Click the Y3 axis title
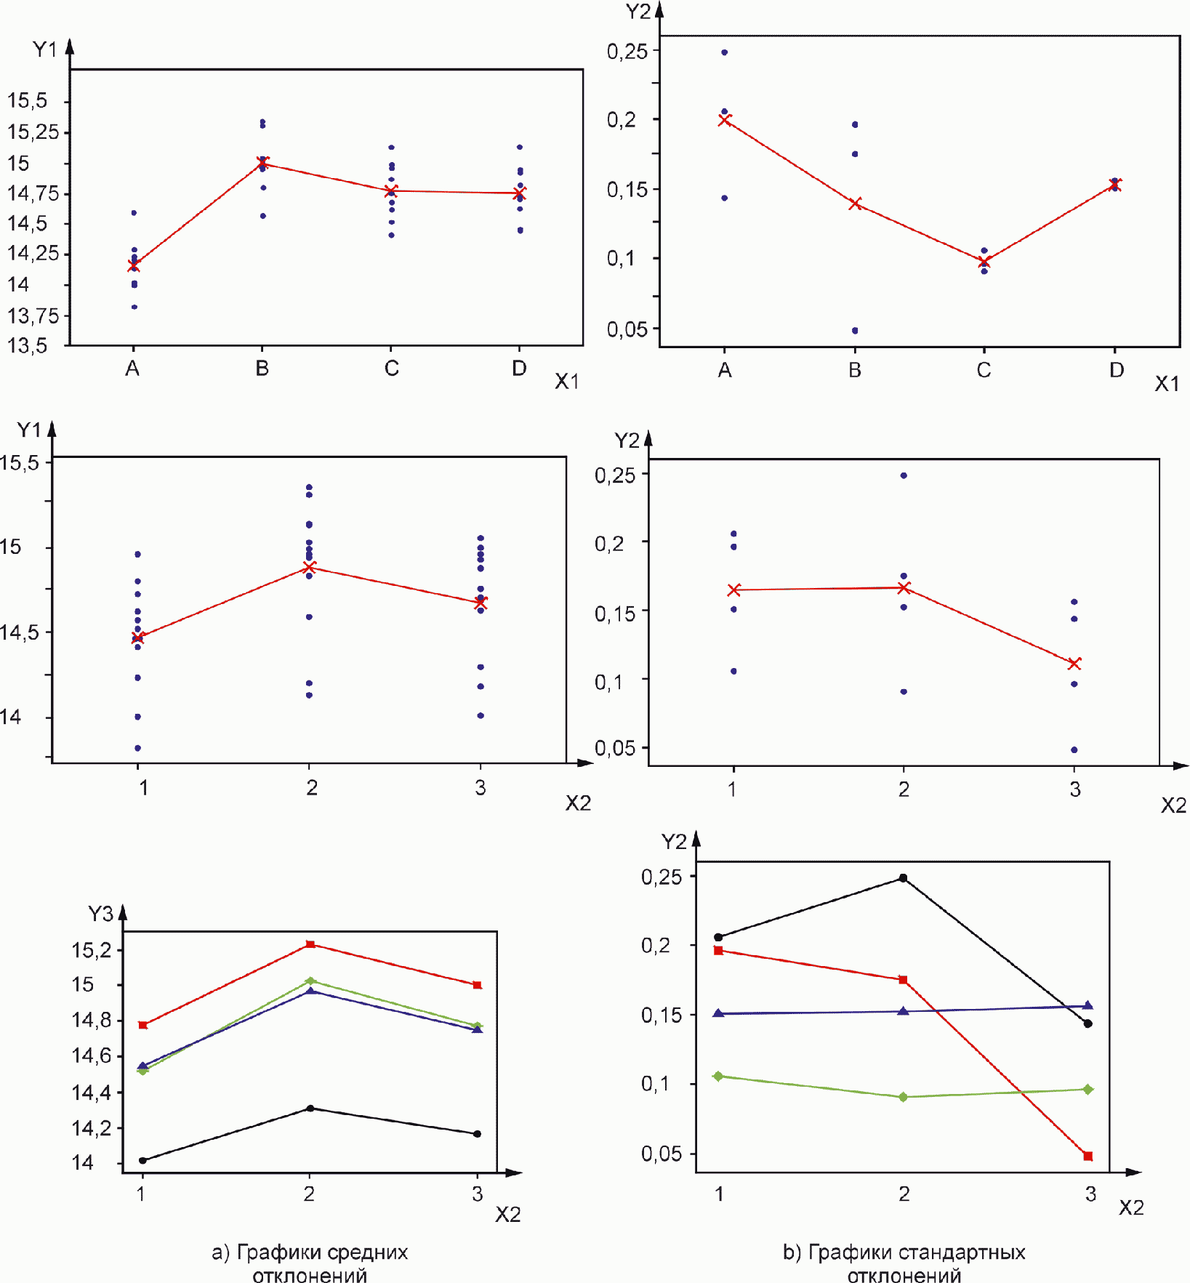pos(100,914)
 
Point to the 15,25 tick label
pos(33,132)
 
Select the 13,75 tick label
pos(33,315)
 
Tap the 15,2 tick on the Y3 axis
pos(92,950)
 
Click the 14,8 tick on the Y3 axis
pos(92,1021)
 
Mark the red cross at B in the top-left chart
pos(263,164)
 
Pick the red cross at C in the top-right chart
pos(984,262)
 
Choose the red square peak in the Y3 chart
pos(310,944)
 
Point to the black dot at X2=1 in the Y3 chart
pos(143,1160)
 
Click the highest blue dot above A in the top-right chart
pos(725,52)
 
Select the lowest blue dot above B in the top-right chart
pos(855,331)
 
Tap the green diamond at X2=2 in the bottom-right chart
pos(904,1097)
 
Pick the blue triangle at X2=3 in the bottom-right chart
pos(1088,1005)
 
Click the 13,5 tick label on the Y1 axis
pos(28,345)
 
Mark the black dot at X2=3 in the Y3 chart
pos(478,1134)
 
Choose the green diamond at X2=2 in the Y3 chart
pos(310,981)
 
